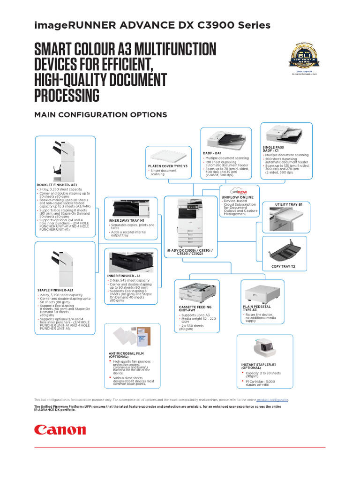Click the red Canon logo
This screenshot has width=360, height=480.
[60, 430]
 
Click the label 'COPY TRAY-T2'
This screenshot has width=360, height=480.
[283, 267]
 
